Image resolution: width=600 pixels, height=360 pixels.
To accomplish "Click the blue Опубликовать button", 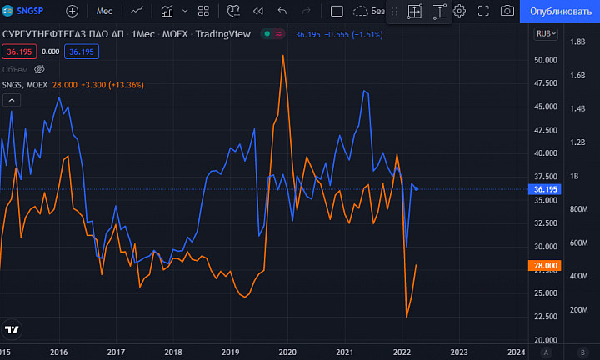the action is [x=560, y=11].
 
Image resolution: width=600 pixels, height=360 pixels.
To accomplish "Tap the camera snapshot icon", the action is [x=507, y=11].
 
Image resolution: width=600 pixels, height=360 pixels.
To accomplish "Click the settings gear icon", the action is [x=459, y=11].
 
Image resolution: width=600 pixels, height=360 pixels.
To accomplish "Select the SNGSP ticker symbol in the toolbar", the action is [x=30, y=11].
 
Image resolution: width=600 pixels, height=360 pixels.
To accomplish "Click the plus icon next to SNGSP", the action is [x=72, y=11].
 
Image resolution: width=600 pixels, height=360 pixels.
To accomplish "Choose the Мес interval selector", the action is [x=104, y=11].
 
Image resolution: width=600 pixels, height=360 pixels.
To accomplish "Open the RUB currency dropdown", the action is [x=546, y=33].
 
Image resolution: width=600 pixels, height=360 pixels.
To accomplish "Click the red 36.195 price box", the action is [x=19, y=52].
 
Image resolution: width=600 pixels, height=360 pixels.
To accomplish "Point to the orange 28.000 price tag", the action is [x=545, y=266].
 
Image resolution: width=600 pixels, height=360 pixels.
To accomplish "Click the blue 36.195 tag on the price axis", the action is [x=545, y=189].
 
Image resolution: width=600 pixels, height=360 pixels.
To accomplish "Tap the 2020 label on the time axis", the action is [x=287, y=352].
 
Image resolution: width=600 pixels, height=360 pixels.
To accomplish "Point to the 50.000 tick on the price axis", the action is [x=546, y=60].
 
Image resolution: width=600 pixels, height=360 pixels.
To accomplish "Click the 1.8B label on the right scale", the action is [x=577, y=42].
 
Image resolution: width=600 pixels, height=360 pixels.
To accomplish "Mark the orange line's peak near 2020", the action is [x=283, y=56].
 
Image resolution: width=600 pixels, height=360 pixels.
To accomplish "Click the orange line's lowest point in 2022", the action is [x=407, y=317].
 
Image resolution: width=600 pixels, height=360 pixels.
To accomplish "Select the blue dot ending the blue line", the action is [x=417, y=188].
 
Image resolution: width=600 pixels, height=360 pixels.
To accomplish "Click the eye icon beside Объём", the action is [x=39, y=70].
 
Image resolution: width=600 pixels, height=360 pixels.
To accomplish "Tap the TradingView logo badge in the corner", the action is [x=12, y=329].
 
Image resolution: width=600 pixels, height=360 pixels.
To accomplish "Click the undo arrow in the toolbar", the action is [x=282, y=11].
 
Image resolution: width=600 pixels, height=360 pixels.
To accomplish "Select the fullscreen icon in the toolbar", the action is [x=483, y=11].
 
